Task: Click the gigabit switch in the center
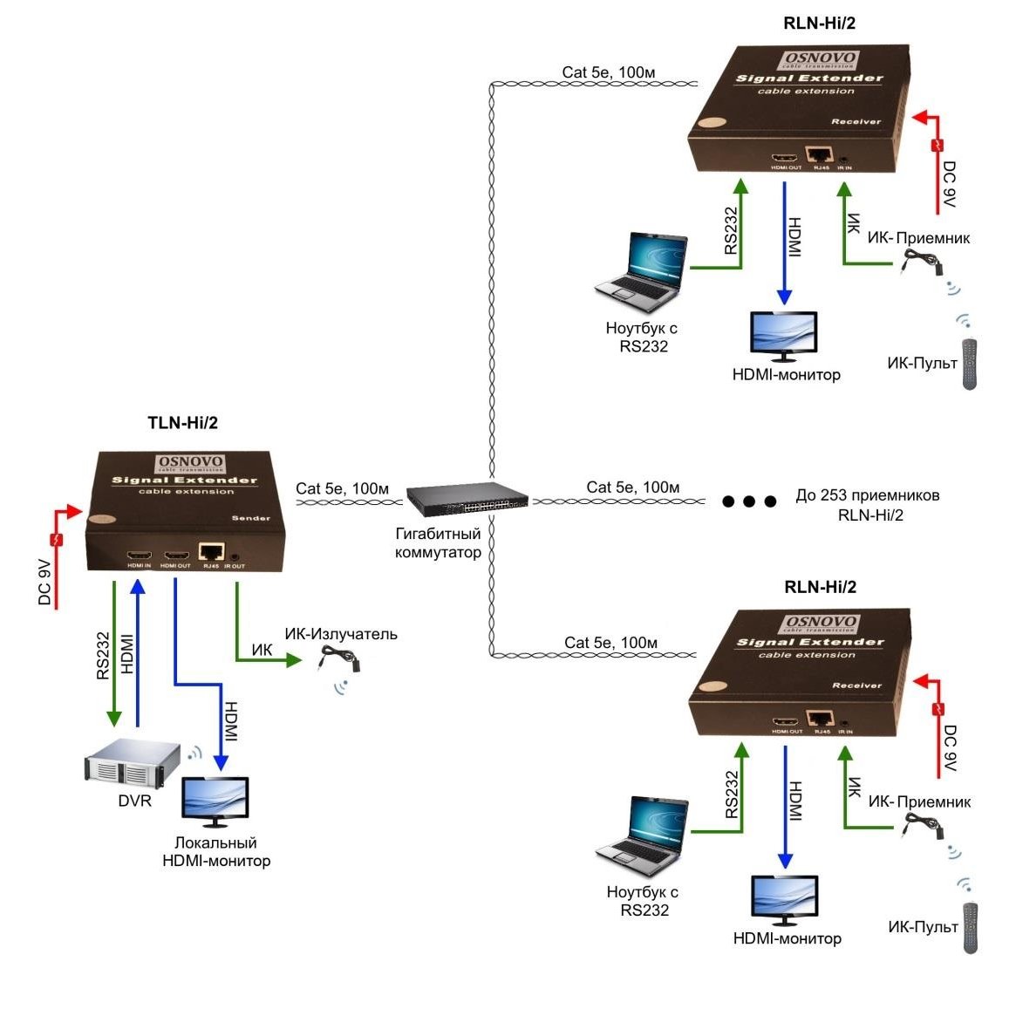(467, 498)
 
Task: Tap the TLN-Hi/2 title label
(183, 423)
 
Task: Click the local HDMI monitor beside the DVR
(215, 801)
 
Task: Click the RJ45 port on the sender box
(211, 552)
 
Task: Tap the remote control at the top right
(971, 364)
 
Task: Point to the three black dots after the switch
(749, 501)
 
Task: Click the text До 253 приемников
(868, 495)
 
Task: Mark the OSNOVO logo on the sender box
(190, 464)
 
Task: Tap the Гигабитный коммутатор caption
(438, 542)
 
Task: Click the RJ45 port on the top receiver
(818, 155)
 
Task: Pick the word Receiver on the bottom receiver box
(856, 685)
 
